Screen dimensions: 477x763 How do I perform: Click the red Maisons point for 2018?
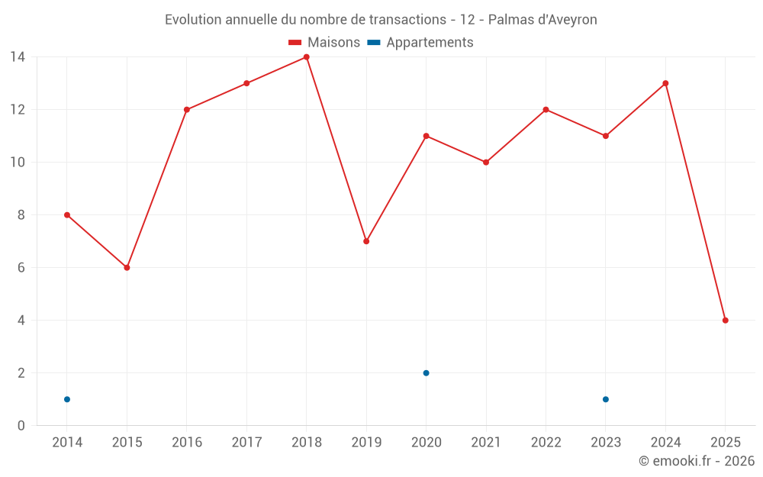pos(307,56)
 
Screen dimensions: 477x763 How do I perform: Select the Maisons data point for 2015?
pos(127,268)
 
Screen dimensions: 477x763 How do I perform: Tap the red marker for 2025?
pos(726,321)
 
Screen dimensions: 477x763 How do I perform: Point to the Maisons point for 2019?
pos(366,241)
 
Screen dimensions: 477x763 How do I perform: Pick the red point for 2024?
pos(665,83)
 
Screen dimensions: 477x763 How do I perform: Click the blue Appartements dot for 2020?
pos(426,373)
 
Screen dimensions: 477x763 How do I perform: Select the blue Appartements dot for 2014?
pos(67,399)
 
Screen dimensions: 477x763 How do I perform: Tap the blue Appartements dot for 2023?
pos(606,399)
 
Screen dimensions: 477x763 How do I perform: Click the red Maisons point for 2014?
pos(67,215)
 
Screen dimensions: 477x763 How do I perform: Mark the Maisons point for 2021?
pos(486,162)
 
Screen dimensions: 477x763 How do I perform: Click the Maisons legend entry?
pos(324,43)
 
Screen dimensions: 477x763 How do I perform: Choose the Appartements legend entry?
pos(420,43)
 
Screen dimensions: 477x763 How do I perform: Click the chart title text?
pos(381,19)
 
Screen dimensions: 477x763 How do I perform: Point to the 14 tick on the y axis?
pos(17,56)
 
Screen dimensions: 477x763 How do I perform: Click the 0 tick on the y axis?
pos(21,426)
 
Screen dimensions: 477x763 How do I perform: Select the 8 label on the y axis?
pos(21,215)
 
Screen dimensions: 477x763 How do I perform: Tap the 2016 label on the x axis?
pos(187,443)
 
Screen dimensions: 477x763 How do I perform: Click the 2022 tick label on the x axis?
pos(546,443)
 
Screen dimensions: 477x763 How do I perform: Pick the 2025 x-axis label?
pos(726,443)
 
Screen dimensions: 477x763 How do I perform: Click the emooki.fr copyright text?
pos(696,461)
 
